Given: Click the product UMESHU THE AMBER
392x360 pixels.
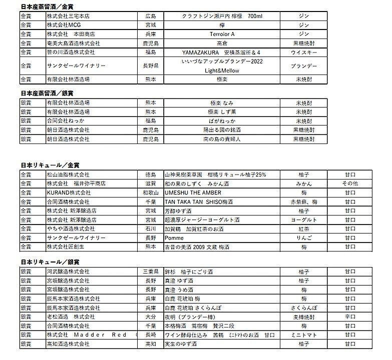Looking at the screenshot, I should tap(193, 193).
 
